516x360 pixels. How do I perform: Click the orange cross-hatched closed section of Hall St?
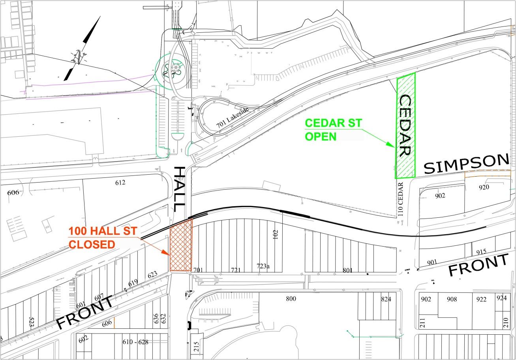(x=181, y=245)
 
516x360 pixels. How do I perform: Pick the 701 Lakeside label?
(x=233, y=118)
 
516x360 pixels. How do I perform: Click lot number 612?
(x=120, y=183)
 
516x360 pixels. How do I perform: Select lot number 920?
(x=484, y=187)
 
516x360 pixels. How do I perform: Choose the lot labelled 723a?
(x=263, y=266)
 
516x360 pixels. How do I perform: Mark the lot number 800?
(x=291, y=299)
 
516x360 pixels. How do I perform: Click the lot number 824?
(x=386, y=299)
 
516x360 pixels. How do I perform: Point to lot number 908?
(x=452, y=299)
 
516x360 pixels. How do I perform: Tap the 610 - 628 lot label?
(x=135, y=342)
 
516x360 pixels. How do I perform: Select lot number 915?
(x=481, y=252)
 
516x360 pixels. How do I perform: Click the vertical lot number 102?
(x=276, y=235)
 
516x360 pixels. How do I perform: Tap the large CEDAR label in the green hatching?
(x=405, y=126)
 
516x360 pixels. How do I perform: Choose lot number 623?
(x=152, y=274)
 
